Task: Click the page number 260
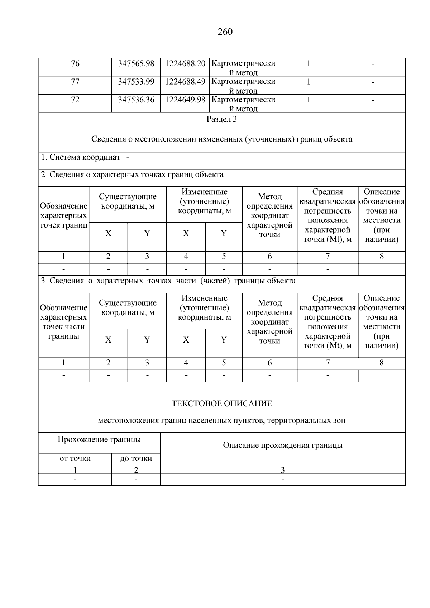pyautogui.click(x=225, y=32)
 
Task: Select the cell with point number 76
pyautogui.click(x=75, y=64)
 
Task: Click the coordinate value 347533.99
pyautogui.click(x=136, y=82)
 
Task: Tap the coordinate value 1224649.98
pyautogui.click(x=185, y=100)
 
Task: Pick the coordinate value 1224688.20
pyautogui.click(x=185, y=64)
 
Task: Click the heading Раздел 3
pyautogui.click(x=222, y=119)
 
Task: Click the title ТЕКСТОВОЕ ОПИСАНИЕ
pyautogui.click(x=222, y=404)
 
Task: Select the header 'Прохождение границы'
pyautogui.click(x=99, y=439)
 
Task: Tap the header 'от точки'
pyautogui.click(x=75, y=459)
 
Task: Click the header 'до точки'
pyautogui.click(x=136, y=459)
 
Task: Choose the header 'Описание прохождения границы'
pyautogui.click(x=283, y=445)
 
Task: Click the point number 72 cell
pyautogui.click(x=75, y=100)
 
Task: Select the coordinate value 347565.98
pyautogui.click(x=136, y=64)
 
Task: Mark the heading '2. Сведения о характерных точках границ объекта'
pyautogui.click(x=132, y=175)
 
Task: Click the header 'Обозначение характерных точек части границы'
pyautogui.click(x=63, y=322)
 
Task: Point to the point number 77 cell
pyautogui.click(x=75, y=82)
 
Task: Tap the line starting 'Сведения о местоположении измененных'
pyautogui.click(x=222, y=139)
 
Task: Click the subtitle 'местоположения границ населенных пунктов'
pyautogui.click(x=222, y=421)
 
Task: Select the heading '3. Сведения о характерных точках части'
pyautogui.click(x=168, y=281)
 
